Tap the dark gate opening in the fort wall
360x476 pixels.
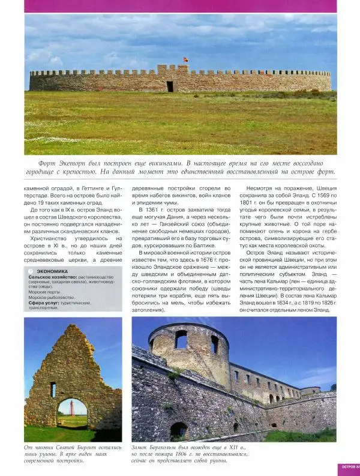point(170,86)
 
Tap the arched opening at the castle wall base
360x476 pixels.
point(179,430)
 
